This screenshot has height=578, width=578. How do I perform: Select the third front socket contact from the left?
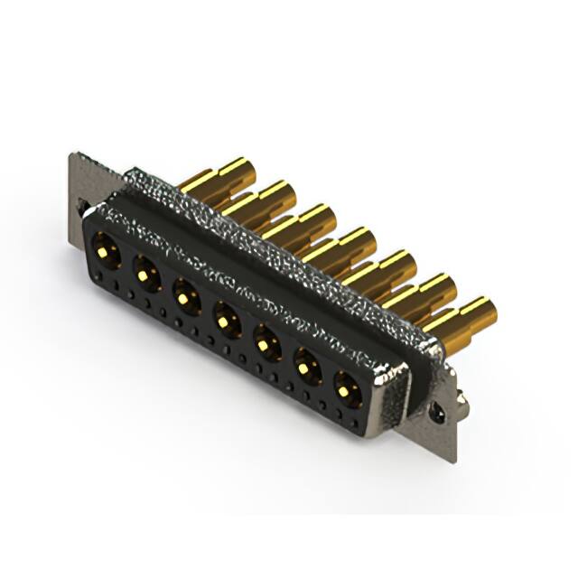(185, 293)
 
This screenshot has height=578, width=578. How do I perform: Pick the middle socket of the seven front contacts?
(225, 317)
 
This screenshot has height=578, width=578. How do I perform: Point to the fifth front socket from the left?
(266, 342)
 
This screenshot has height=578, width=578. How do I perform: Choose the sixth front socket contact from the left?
(307, 366)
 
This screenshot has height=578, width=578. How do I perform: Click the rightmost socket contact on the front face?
(347, 389)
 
